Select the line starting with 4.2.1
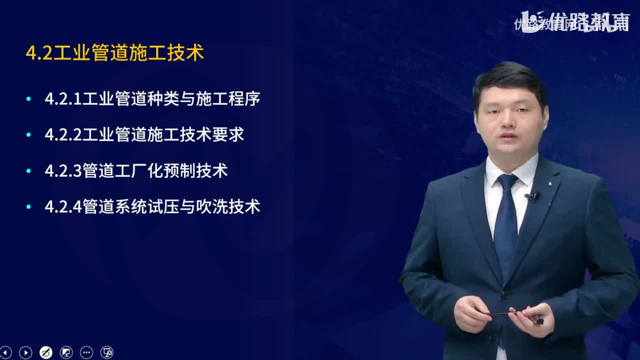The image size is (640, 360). pos(152,99)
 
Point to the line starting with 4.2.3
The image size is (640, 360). pos(136,171)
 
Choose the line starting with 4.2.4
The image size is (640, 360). pos(152,207)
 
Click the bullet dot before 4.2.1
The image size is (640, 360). pos(28,99)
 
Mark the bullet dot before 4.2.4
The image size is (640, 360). pos(28,207)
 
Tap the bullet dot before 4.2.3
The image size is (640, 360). pos(28,171)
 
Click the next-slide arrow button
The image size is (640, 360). pos(25,352)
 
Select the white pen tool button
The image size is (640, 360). pos(45,352)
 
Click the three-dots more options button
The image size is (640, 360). pos(86,352)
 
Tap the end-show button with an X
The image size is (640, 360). pos(107,352)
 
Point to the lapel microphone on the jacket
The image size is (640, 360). pos(532,196)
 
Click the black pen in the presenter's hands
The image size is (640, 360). pos(512,314)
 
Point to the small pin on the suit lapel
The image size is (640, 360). pos(549,184)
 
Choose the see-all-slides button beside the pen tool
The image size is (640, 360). pos(66,352)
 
